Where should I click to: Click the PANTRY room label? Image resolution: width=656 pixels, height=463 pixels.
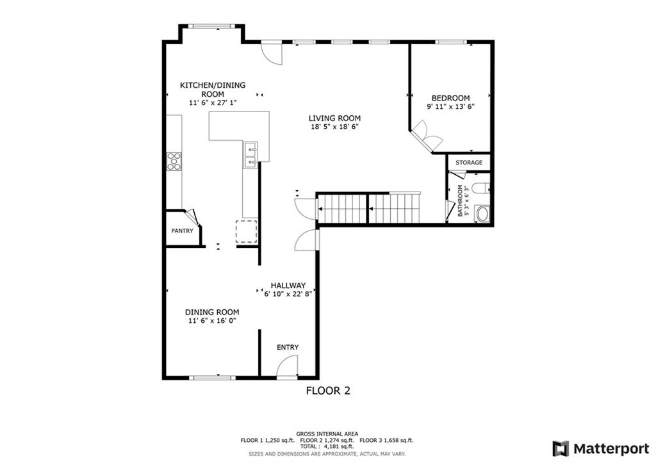coord(182,231)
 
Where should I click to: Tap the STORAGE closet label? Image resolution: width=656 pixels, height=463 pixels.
coord(469,163)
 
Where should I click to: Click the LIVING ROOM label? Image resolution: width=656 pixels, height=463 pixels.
coord(334,118)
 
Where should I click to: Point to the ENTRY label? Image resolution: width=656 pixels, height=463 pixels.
coord(288,347)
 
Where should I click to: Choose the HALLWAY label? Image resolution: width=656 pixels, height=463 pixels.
coord(288,286)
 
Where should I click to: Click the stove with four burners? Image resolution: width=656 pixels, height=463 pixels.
coord(174,161)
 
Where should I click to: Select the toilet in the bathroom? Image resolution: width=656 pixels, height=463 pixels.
coord(482,188)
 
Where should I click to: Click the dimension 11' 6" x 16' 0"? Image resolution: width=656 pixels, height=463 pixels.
coord(212,321)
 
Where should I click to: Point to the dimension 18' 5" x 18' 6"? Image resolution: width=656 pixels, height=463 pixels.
coord(334,127)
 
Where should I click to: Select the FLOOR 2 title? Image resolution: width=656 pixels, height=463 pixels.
coord(327,390)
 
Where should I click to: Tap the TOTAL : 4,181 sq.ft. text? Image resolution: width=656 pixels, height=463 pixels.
coord(327,447)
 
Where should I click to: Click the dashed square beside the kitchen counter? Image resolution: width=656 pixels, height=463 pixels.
coord(246,231)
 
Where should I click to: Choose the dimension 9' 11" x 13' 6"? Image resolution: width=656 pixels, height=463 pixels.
coord(450,107)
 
